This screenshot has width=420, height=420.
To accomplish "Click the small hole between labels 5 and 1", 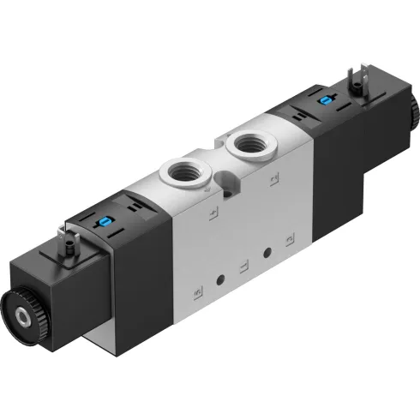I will pyautogui.click(x=221, y=279).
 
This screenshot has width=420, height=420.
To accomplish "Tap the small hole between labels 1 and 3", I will pyautogui.click(x=267, y=252).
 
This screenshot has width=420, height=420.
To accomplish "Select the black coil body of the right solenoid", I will pyautogui.click(x=364, y=154).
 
